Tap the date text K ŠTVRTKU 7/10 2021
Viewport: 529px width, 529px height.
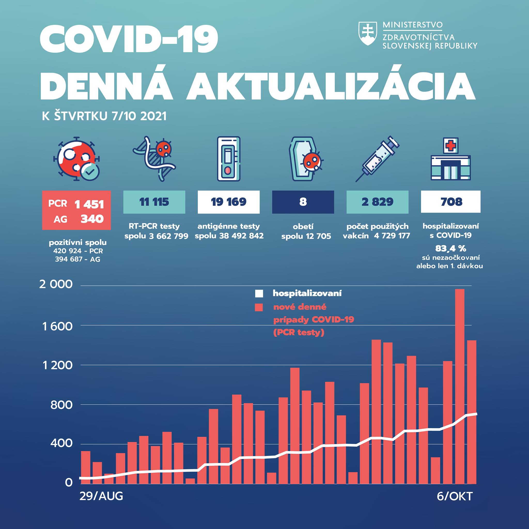tap(104, 116)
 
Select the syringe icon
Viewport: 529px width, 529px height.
tap(377, 159)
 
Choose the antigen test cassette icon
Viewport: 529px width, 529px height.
tap(229, 159)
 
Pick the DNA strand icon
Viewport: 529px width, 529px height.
tap(154, 159)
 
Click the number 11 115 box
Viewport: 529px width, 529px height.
tap(154, 202)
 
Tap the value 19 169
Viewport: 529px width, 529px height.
tap(229, 202)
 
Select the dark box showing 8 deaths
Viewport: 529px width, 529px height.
tap(303, 202)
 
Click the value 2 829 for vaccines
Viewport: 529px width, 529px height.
tap(377, 202)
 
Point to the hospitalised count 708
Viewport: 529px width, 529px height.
tap(451, 202)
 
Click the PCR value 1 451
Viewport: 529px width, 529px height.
tap(89, 204)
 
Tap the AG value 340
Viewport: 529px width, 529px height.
tap(92, 219)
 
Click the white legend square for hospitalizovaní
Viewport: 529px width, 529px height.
tap(259, 294)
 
